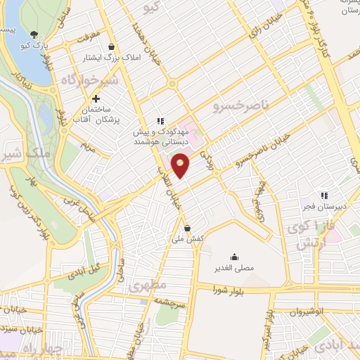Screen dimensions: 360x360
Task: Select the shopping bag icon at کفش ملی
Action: click(187, 227)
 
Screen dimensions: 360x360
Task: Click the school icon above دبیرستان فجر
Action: click(323, 195)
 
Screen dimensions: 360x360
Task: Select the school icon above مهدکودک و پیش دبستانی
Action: click(160, 120)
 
